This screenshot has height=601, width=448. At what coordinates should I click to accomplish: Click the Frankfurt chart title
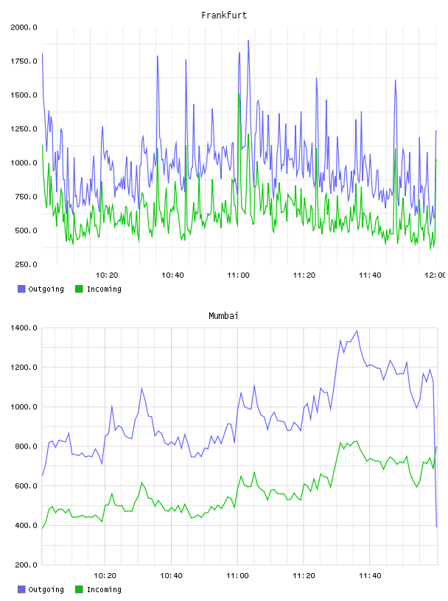[x=224, y=15]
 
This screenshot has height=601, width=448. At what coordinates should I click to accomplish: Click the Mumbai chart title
[x=223, y=316]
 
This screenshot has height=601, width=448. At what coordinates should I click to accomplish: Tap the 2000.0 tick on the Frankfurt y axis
[x=24, y=27]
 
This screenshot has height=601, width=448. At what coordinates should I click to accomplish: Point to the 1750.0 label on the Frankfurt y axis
[x=24, y=61]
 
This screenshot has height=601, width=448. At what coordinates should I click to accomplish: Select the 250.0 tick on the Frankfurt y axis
[x=26, y=264]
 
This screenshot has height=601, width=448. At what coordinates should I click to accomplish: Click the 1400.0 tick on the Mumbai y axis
[x=24, y=328]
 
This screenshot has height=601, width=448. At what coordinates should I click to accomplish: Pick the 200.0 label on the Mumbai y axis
[x=26, y=565]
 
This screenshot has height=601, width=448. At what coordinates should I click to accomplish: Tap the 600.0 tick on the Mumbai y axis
[x=26, y=486]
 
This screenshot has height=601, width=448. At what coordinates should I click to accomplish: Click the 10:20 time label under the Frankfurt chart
[x=107, y=275]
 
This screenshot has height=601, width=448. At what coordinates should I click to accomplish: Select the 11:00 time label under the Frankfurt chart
[x=238, y=275]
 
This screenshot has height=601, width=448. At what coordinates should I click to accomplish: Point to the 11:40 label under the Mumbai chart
[x=370, y=576]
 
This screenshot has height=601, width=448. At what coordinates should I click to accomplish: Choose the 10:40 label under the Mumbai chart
[x=171, y=576]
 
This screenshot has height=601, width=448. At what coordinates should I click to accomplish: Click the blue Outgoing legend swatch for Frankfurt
[x=21, y=289]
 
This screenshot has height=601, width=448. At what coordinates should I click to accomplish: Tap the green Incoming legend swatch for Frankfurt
[x=79, y=289]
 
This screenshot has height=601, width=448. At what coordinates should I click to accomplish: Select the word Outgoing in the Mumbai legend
[x=46, y=589]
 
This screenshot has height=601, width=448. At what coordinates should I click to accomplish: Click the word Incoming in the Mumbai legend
[x=104, y=589]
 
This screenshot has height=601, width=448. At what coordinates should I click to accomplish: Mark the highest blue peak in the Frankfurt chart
[x=248, y=41]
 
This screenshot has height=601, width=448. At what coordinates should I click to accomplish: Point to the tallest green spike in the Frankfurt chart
[x=239, y=94]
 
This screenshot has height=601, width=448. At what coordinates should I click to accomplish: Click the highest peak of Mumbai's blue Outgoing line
[x=357, y=331]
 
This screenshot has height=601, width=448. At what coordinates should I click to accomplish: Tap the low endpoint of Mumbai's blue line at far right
[x=436, y=527]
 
